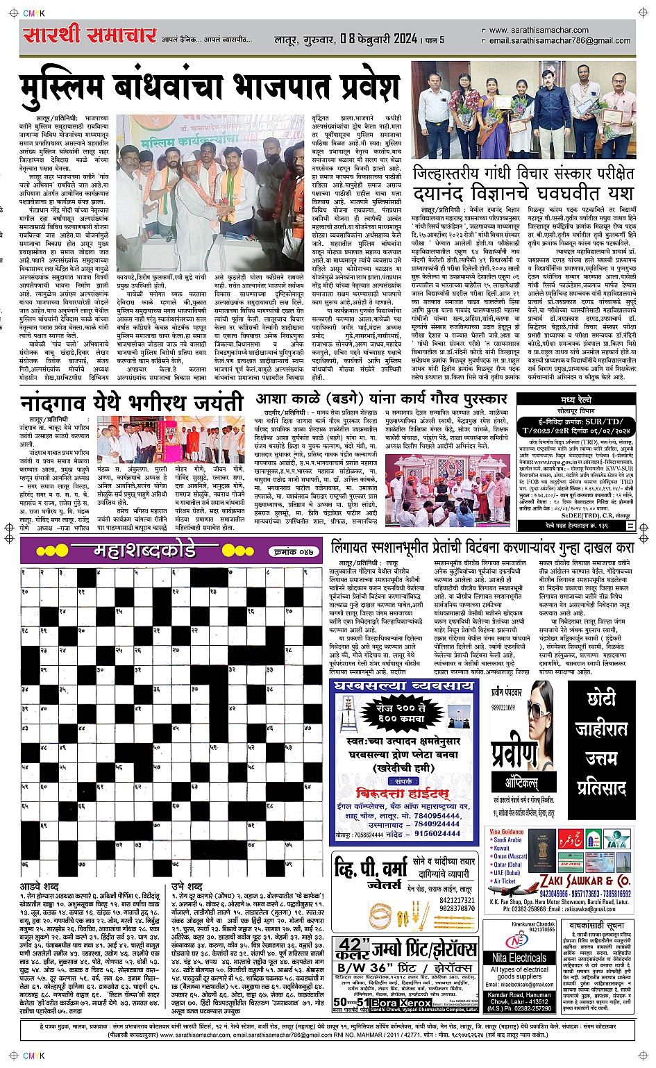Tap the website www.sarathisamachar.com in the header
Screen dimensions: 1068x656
click(x=539, y=31)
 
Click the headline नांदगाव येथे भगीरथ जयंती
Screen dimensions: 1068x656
click(x=131, y=403)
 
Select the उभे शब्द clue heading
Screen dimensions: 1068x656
click(x=187, y=887)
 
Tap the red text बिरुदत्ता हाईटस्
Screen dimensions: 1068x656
click(x=402, y=793)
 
